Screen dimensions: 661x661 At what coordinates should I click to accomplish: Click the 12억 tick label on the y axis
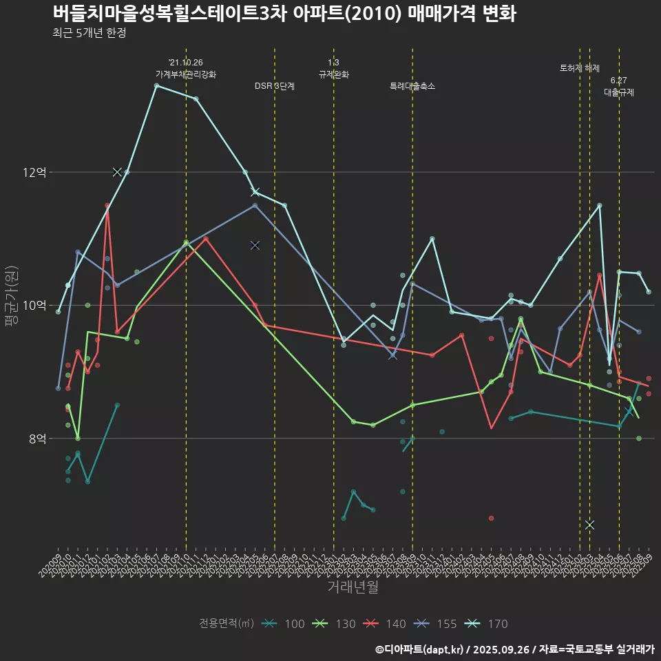[34, 172]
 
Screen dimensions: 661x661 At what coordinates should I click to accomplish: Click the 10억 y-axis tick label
[34, 305]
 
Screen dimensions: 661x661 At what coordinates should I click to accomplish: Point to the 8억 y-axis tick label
[37, 439]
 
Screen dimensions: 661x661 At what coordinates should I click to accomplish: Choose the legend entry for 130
[335, 624]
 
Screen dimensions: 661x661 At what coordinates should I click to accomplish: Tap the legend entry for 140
[385, 624]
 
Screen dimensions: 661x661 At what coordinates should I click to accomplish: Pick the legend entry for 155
[436, 624]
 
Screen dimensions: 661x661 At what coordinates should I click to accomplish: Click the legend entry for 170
[487, 624]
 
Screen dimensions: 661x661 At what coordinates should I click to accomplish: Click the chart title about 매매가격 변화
[284, 14]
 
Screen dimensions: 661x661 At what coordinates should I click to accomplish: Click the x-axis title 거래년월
[353, 587]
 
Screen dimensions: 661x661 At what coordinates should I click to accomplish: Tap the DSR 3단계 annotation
[274, 86]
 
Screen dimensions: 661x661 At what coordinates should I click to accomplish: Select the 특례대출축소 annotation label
[412, 86]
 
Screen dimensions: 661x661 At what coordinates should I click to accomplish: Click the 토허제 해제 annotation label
[580, 68]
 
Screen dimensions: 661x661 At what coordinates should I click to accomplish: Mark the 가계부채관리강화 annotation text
[186, 74]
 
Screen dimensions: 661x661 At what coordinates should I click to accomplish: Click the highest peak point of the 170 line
[156, 85]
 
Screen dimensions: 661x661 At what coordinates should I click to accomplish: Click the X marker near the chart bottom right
[589, 525]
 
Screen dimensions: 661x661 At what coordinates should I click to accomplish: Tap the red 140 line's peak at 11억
[206, 239]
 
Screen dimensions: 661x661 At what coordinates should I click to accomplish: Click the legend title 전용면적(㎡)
[227, 624]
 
